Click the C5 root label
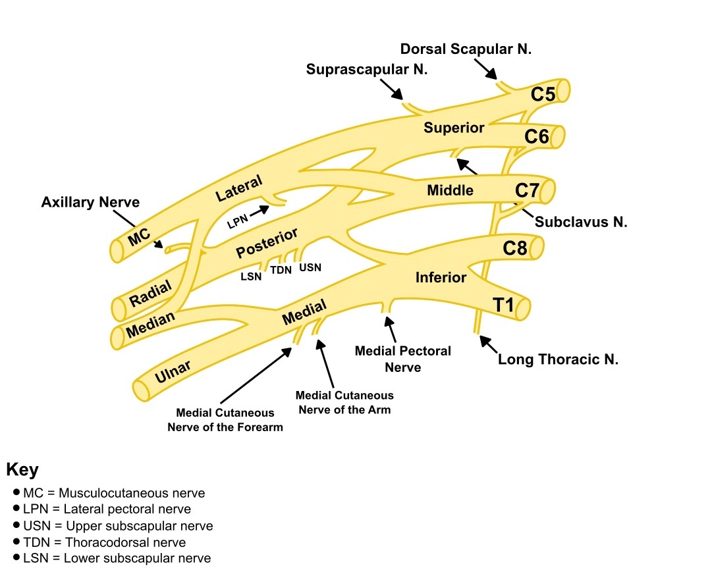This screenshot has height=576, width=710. pos(543,94)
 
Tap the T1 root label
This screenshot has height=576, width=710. pos(503,305)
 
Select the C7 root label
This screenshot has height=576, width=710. pos(527,190)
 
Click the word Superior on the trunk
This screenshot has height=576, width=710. pos(454,128)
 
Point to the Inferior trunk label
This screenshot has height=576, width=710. pos(441,277)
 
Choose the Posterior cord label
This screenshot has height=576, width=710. pos(267,242)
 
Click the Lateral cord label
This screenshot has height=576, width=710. pos(238,188)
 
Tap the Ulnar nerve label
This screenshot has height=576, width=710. pos(173,372)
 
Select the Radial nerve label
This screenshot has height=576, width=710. pos(150,293)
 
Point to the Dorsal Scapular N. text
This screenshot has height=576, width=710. pos(466,49)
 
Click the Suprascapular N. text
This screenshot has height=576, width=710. pos(367,69)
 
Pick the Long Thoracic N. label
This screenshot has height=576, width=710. pos(558,359)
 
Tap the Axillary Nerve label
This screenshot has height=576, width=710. pos(91,202)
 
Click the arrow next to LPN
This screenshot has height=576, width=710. pos(259,210)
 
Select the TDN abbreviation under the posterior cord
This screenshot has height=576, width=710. pos(281,270)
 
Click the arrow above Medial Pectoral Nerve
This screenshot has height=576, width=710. pos(391,329)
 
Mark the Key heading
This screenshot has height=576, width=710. pos(22,469)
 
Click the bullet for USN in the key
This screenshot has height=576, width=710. pos(16,525)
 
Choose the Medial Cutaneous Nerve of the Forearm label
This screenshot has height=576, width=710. pos(225,420)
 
